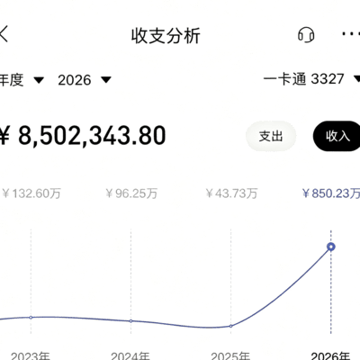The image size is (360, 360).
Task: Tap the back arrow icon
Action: pyautogui.click(x=3, y=33)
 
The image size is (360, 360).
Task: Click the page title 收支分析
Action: pyautogui.click(x=166, y=36)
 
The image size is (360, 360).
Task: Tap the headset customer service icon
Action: pyautogui.click(x=306, y=35)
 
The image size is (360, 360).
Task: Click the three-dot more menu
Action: pyautogui.click(x=351, y=33)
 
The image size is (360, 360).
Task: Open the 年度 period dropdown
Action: pyautogui.click(x=22, y=80)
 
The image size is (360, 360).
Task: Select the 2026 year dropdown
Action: pyautogui.click(x=85, y=80)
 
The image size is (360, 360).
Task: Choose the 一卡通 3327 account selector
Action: pyautogui.click(x=311, y=79)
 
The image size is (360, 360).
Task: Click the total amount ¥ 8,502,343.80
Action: pyautogui.click(x=83, y=136)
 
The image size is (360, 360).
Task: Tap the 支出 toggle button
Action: pyautogui.click(x=271, y=136)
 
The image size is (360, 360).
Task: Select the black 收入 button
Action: pyautogui.click(x=337, y=136)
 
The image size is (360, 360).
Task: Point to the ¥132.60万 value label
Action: pyautogui.click(x=31, y=193)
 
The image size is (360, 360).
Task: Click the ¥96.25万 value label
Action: pyautogui.click(x=131, y=193)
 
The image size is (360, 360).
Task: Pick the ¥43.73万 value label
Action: pyautogui.click(x=231, y=193)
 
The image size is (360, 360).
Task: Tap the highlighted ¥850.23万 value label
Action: pyautogui.click(x=331, y=193)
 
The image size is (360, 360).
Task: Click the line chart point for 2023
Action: pyautogui.click(x=31, y=317)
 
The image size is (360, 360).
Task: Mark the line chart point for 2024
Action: pyautogui.click(x=130, y=321)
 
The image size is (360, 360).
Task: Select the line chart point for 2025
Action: pyautogui.click(x=230, y=326)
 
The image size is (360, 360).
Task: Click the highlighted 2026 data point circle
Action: pyautogui.click(x=331, y=247)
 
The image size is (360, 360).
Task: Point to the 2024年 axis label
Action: pyautogui.click(x=130, y=355)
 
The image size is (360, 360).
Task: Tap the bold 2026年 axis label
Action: pyautogui.click(x=330, y=355)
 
